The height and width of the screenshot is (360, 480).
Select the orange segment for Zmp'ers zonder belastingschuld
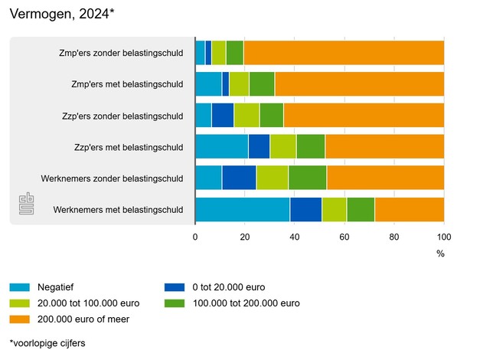pos(344,53)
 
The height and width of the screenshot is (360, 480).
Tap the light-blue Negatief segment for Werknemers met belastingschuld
pos(242,209)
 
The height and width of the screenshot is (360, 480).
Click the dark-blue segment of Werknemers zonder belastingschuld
pos(239,178)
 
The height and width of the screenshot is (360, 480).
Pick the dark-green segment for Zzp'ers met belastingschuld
pos(310,146)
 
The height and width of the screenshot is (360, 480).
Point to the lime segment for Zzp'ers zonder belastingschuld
pos(247,116)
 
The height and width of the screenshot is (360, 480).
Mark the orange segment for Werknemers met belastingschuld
pos(409,209)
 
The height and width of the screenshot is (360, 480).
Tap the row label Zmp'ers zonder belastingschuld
pos(121,54)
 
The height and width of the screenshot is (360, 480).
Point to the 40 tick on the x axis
pos(295,237)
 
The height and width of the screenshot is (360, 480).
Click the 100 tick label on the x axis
pos(444,237)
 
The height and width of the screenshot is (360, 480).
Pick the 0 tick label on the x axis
pos(195,237)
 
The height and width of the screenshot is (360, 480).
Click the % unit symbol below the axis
pos(440,252)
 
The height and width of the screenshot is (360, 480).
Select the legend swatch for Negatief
pos(20,288)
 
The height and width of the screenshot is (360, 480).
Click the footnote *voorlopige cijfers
pos(47,343)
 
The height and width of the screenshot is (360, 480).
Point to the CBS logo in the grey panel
pos(27,205)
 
